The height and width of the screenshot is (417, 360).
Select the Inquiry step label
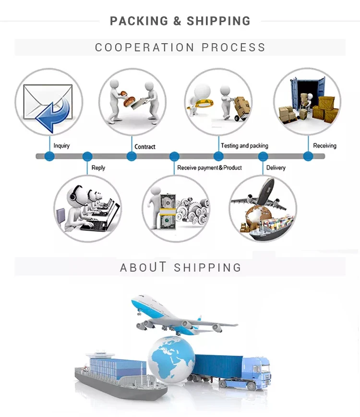tap(61, 146)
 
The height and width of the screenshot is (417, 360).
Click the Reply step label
tap(98, 168)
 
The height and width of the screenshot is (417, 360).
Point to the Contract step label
tap(145, 147)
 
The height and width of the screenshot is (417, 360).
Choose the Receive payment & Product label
tap(209, 168)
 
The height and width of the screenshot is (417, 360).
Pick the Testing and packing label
tap(244, 146)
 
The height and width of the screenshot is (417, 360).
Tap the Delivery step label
tap(276, 168)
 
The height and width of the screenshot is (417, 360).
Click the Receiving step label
tap(324, 146)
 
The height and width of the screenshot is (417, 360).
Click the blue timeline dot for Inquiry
tap(49, 156)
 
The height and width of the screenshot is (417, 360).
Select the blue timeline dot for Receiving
tap(308, 156)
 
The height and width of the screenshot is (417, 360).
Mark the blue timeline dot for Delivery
tap(263, 156)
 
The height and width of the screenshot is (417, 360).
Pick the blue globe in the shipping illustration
tap(171, 358)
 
